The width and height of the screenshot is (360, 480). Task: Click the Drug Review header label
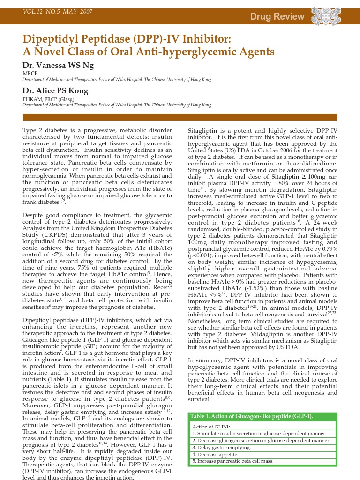coord(277,17)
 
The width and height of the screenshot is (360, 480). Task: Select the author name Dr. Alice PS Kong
coord(55,90)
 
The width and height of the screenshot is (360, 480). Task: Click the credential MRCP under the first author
coord(30,74)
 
